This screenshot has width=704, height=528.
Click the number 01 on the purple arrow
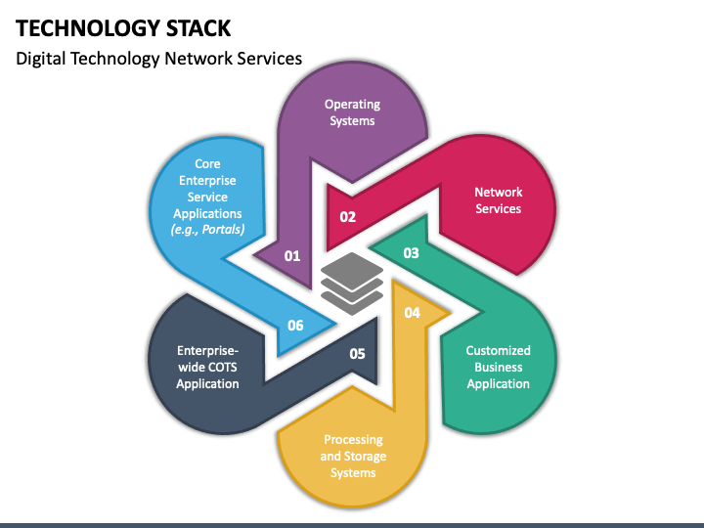tap(292, 256)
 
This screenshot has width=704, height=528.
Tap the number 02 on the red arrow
tap(348, 217)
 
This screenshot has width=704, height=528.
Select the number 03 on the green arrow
tap(411, 253)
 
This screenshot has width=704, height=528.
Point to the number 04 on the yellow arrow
tap(413, 313)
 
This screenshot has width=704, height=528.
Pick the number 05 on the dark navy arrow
tap(358, 354)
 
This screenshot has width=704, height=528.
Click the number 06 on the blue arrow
tap(295, 325)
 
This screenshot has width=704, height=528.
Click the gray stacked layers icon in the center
tap(352, 283)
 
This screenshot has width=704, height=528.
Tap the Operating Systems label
tap(352, 112)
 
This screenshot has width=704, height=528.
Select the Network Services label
tap(499, 200)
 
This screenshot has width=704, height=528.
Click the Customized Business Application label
tap(499, 368)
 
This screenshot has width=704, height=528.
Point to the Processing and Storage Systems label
tap(353, 457)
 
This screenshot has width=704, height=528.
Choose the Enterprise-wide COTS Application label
tap(207, 368)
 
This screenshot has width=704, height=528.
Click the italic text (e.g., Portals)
tap(207, 230)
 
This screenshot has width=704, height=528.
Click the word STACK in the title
tap(198, 28)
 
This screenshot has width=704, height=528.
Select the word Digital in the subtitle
tap(41, 59)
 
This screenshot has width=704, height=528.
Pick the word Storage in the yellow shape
tap(366, 457)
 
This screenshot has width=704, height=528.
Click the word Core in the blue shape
tap(207, 164)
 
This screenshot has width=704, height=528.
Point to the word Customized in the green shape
tap(499, 351)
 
